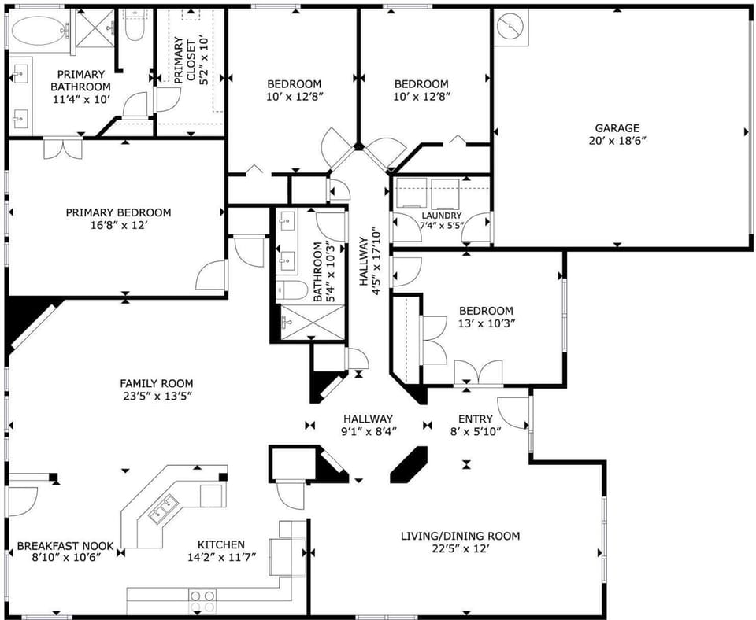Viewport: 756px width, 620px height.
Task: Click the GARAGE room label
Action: [x=617, y=128]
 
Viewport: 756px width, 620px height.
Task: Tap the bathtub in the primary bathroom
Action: [x=37, y=31]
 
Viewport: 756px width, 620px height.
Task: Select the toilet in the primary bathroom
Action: [x=133, y=28]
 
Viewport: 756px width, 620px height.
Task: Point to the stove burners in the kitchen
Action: [x=202, y=601]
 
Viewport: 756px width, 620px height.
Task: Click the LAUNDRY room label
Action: [x=441, y=216]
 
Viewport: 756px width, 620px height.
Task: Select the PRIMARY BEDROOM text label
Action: [x=118, y=212]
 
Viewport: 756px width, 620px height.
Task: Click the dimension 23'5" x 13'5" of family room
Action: [x=156, y=396]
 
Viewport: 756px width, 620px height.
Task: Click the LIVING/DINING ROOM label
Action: [x=460, y=537]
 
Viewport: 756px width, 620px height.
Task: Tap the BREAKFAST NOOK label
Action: [x=65, y=545]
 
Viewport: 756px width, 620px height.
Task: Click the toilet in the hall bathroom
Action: [x=292, y=290]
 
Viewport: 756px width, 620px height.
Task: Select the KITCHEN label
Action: [x=220, y=544]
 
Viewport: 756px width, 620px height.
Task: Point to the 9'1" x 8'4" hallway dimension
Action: [x=368, y=431]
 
